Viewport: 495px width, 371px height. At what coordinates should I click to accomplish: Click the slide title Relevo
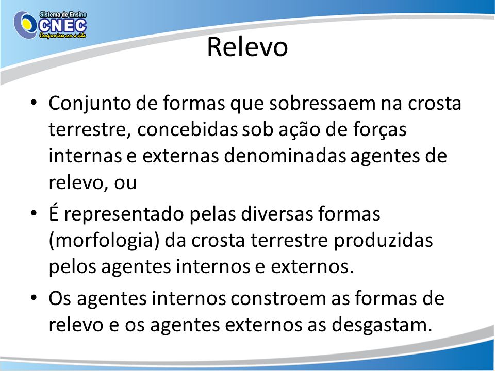pos(247,47)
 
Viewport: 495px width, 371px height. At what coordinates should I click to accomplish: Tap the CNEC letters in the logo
pos(62,26)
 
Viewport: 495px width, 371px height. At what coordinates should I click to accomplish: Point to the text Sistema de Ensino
pos(63,14)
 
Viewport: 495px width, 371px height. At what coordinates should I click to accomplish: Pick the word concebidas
pos(187,130)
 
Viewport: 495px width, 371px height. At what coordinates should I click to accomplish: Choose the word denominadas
pos(285,156)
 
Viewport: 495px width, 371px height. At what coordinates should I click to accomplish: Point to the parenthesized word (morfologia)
pos(104,241)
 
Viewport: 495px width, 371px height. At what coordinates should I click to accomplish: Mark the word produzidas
pos(383,240)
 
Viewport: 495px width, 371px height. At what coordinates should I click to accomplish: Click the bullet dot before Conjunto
pos(34,103)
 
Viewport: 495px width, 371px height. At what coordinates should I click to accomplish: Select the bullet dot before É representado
pos(34,213)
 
